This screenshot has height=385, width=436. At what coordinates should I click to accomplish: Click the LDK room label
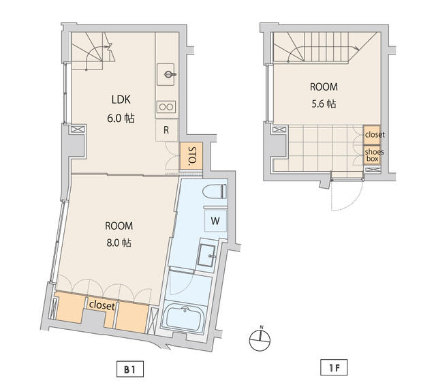coord(121,99)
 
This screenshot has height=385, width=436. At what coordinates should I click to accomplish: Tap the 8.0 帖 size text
coord(119,243)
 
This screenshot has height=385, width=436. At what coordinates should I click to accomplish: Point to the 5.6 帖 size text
coord(324,104)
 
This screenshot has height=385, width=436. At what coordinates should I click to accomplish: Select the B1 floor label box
coord(130,369)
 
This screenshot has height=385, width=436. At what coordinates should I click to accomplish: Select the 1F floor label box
coord(334,368)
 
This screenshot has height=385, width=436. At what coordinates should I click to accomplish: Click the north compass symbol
coord(260,339)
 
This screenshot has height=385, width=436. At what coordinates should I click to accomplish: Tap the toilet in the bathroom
coord(215,191)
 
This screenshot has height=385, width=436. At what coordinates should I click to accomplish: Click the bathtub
coord(184,318)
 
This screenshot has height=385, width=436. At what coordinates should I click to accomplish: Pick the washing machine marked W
coord(215,221)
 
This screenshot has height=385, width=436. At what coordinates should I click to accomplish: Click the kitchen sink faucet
coord(170,74)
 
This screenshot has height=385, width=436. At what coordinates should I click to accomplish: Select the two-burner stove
coord(166,107)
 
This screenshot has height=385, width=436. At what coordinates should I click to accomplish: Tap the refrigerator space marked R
coord(166,130)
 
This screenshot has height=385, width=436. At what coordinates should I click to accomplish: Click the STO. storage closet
coord(191,156)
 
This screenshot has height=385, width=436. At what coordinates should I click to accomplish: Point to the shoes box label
coord(374,155)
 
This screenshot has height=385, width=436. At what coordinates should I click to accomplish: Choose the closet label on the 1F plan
coord(375,135)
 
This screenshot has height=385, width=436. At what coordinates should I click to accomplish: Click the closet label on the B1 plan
coord(102,305)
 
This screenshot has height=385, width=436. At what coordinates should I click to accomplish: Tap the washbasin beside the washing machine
coord(206,256)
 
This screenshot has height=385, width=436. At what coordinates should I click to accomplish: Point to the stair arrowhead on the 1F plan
coord(357,48)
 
